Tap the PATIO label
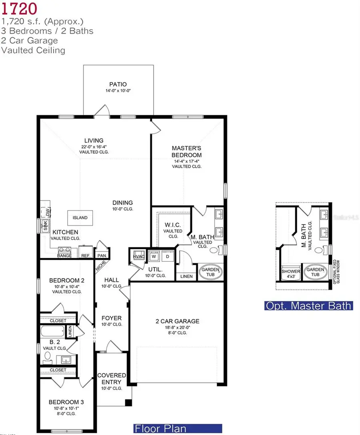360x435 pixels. pos(118,84)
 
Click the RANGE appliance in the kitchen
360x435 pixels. pos(64,252)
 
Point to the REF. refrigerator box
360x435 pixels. pos(85,253)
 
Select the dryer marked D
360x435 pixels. pos(168,257)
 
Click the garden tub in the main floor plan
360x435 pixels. pos(210,272)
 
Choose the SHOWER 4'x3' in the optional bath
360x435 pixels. pos(291,273)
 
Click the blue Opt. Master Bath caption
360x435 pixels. pos(308,306)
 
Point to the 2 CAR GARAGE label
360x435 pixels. pos(177,321)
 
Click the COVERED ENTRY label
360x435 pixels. pos(112,379)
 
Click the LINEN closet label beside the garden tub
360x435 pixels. pos(186,276)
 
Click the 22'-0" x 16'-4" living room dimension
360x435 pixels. pos(94,146)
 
